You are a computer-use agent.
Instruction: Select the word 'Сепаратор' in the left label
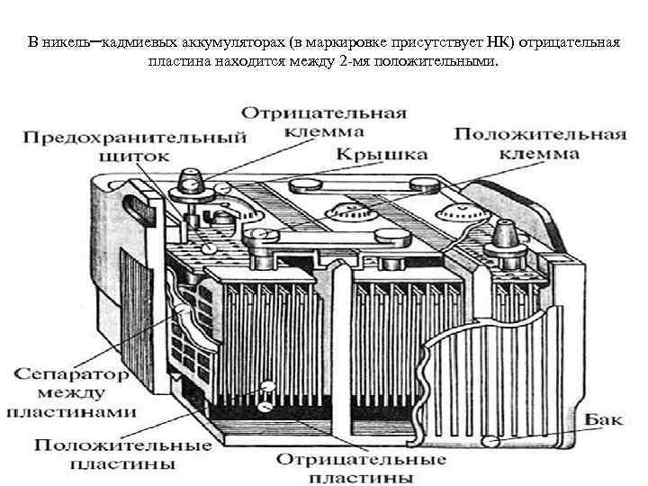pyautogui.click(x=62, y=372)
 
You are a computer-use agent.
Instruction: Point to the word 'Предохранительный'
pyautogui.click(x=134, y=138)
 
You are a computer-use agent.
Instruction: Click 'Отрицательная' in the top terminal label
pyautogui.click(x=323, y=113)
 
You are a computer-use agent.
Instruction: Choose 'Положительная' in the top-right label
pyautogui.click(x=539, y=135)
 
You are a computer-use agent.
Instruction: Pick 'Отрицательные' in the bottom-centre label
pyautogui.click(x=360, y=459)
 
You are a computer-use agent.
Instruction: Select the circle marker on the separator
pyautogui.click(x=184, y=310)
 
